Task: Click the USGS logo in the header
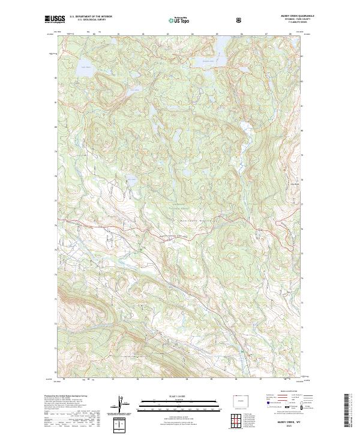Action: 55,19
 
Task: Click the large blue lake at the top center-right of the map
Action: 208,61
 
